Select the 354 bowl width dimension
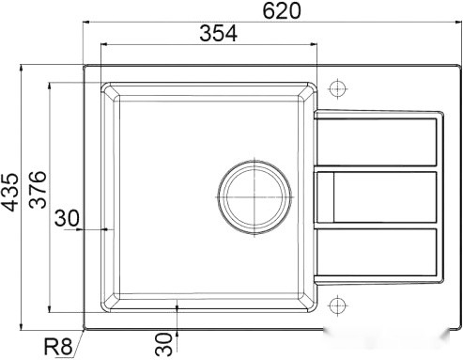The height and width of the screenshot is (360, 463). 217,34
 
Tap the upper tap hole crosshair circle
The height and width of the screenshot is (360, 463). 340,88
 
